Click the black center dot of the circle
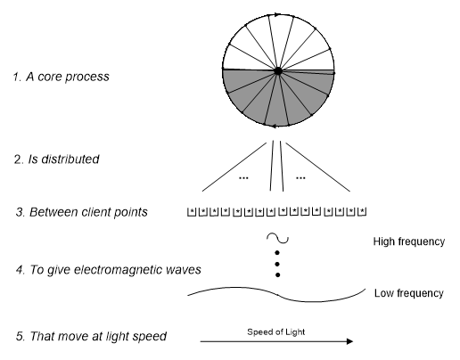(x=278, y=71)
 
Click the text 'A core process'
(x=68, y=77)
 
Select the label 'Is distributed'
(x=63, y=160)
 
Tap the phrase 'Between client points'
(x=88, y=212)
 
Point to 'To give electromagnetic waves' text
(x=115, y=270)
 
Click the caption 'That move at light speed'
(x=98, y=336)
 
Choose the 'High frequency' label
(x=409, y=241)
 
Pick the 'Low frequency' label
(x=409, y=293)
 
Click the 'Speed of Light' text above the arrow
(x=276, y=331)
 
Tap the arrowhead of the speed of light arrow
(x=350, y=341)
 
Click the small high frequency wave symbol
(x=277, y=238)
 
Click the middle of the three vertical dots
(x=277, y=264)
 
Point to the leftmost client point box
(x=192, y=212)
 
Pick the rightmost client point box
(x=362, y=211)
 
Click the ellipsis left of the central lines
(x=243, y=178)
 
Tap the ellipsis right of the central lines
(x=300, y=178)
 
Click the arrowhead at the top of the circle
(x=277, y=14)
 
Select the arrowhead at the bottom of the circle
(x=275, y=127)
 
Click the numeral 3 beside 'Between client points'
(x=20, y=212)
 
